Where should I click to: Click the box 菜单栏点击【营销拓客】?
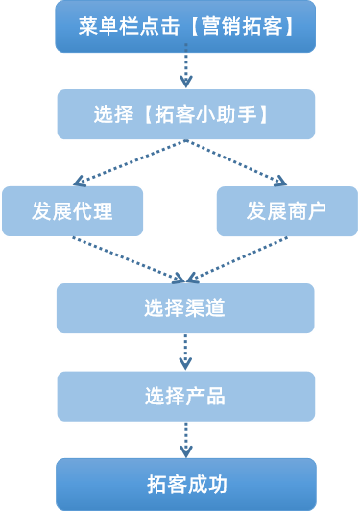pyautogui.click(x=185, y=26)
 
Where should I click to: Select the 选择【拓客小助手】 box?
pyautogui.click(x=185, y=114)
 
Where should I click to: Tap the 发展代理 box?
pyautogui.click(x=72, y=211)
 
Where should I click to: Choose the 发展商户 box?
pyautogui.click(x=287, y=211)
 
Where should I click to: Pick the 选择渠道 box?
pyautogui.click(x=185, y=308)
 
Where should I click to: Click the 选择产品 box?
pyautogui.click(x=185, y=396)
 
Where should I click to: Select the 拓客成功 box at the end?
pyautogui.click(x=185, y=483)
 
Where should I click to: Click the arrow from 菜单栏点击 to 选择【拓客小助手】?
pyautogui.click(x=185, y=69)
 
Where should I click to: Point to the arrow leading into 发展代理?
pyautogui.click(x=125, y=162)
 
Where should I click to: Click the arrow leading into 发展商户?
pyautogui.click(x=240, y=162)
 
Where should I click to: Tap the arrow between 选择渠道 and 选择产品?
pyautogui.click(x=185, y=352)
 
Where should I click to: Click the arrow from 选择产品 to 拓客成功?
pyautogui.click(x=185, y=439)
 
